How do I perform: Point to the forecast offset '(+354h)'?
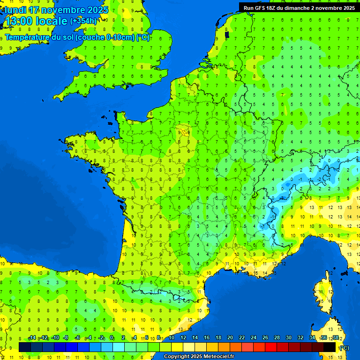(83, 21)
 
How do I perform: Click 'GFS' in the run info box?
(261, 7)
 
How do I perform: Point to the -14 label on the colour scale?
(32, 338)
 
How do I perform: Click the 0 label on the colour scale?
(112, 338)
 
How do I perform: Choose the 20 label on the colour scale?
(230, 338)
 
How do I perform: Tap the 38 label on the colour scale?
(335, 338)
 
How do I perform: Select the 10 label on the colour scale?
(171, 338)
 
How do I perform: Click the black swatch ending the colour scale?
(330, 347)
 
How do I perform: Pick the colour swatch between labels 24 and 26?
(259, 347)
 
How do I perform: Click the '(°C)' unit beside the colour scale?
(344, 347)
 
